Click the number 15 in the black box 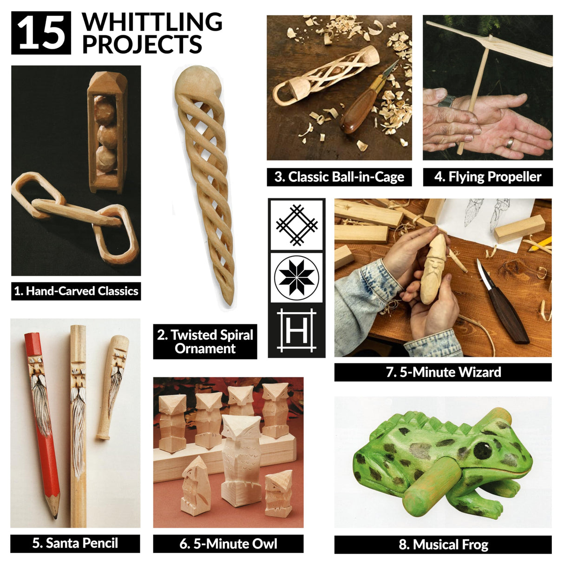pos(41,33)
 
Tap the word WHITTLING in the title pos(152,22)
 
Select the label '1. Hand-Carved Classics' pos(76,291)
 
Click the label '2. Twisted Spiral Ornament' pos(205,341)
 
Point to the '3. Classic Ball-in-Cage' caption pos(339,177)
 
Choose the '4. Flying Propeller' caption pos(488,177)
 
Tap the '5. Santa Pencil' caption pos(75,543)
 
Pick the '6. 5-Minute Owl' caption pos(228,544)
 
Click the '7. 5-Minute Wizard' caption pos(443,372)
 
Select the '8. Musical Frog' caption pos(443,544)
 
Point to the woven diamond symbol pos(296,225)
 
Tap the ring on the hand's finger pos(510,143)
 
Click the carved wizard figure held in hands pos(433,269)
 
